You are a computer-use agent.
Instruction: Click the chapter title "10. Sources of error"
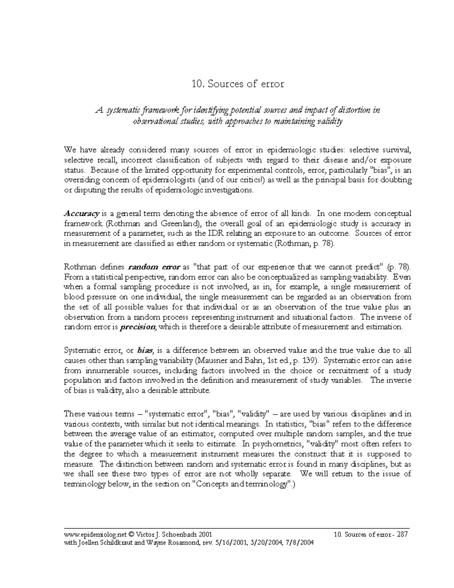(x=238, y=84)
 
